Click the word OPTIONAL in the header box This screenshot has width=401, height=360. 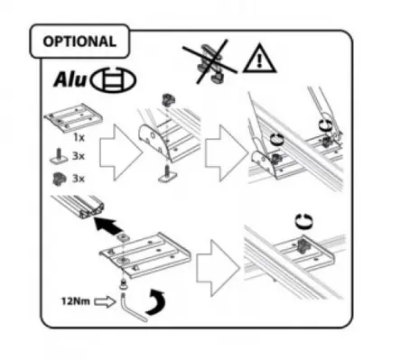79,42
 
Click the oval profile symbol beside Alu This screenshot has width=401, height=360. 114,80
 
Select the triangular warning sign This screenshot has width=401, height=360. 259,59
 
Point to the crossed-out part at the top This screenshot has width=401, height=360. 210,61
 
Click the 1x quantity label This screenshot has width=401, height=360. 79,137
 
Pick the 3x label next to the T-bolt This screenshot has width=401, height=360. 79,156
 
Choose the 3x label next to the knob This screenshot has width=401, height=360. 79,179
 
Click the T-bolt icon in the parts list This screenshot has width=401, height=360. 59,156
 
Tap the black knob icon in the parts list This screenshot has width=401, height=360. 59,179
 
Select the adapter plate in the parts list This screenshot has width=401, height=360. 73,118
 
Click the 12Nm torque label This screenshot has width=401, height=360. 76,300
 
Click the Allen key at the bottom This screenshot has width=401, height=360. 132,308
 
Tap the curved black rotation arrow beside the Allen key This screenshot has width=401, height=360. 155,302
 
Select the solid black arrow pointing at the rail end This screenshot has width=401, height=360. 107,226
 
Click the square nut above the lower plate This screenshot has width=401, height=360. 123,238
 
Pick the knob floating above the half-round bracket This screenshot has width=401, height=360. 166,99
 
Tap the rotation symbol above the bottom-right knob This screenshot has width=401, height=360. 303,222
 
